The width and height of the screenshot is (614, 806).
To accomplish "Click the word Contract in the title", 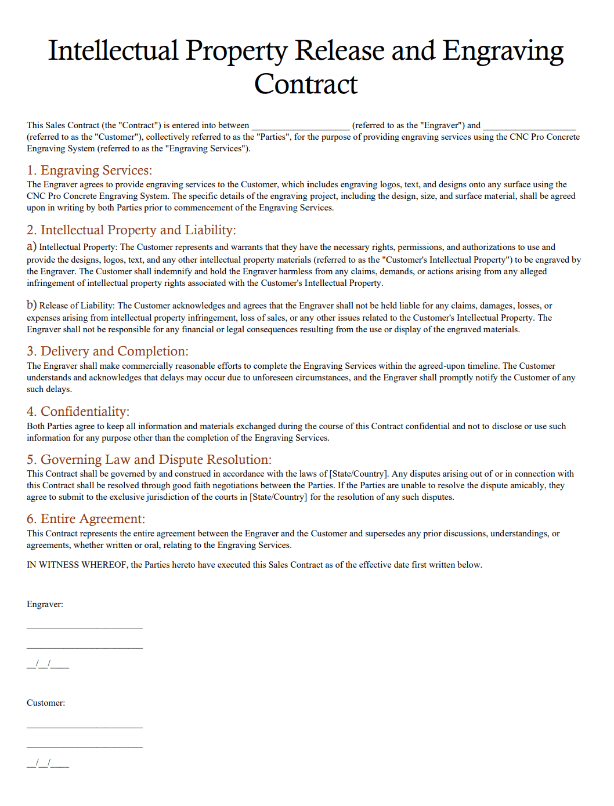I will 306,85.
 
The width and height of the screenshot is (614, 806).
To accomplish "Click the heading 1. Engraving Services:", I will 89,170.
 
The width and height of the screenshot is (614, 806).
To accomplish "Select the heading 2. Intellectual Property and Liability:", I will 131,230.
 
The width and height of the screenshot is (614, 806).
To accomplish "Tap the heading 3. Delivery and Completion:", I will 107,351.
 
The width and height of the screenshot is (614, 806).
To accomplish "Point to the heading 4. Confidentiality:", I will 78,412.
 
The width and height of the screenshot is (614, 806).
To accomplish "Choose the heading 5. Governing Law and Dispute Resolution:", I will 149,460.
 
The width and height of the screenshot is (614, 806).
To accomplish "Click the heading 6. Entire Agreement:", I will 86,519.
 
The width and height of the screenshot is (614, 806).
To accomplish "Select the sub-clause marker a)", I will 31,246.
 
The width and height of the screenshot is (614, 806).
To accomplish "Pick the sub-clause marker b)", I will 31,305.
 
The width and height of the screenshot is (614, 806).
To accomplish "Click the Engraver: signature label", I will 45,604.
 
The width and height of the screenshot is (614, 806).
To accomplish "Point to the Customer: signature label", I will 46,703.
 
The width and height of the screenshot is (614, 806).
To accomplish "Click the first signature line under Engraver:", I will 85,628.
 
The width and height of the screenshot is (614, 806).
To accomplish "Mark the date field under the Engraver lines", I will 48,665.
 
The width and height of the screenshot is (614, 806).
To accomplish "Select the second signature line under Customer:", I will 85,747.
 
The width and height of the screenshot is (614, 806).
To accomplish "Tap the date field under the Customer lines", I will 48,764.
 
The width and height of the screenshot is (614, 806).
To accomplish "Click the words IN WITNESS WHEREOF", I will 77,565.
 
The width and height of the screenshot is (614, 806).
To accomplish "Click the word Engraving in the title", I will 503,51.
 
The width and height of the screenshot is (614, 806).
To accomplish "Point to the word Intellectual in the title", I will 113,51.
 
